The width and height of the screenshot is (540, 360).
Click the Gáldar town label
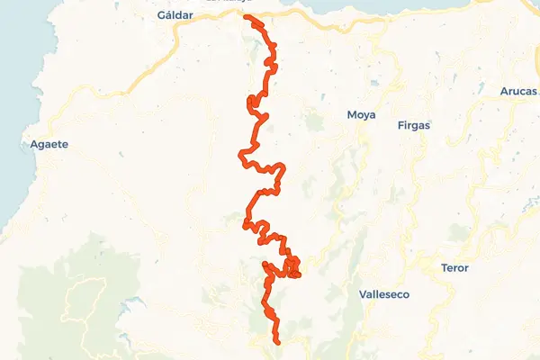[x=175, y=15]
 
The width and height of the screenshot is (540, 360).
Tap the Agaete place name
[x=49, y=144]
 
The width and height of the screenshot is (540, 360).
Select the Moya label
[x=361, y=114]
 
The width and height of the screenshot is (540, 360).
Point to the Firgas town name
[x=413, y=125]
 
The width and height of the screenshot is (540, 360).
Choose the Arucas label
[x=518, y=91]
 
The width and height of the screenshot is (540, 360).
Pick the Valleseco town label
[x=384, y=294]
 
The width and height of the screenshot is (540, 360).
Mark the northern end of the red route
[x=246, y=16]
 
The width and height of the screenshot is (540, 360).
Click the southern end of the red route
[x=278, y=342]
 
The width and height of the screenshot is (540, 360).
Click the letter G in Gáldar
[x=160, y=15]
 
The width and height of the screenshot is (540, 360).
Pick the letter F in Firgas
[x=400, y=125]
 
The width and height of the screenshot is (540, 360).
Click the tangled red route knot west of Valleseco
[x=292, y=267]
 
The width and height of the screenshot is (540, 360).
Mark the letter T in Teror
[x=444, y=268]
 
